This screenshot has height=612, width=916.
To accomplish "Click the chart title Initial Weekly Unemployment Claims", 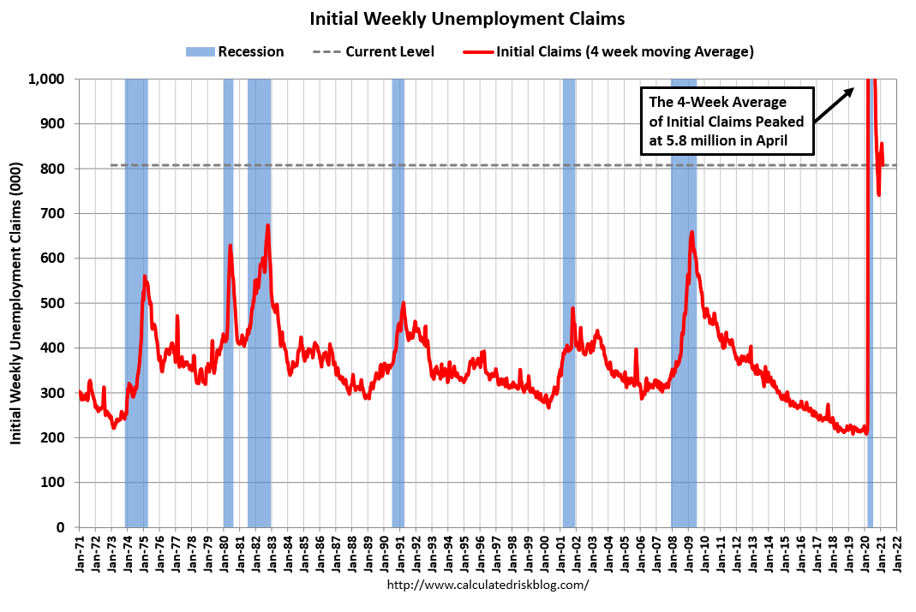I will [467, 18].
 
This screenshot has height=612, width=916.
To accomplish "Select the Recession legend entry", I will [235, 51].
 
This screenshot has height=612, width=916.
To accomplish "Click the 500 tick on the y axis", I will [57, 303].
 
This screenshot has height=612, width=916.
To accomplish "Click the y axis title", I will [16, 304].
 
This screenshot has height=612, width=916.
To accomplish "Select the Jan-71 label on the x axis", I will [80, 553].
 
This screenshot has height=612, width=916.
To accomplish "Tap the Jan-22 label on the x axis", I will [897, 553].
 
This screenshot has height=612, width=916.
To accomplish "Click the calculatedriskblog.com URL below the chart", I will [488, 585].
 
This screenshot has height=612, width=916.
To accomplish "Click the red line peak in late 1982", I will [268, 226].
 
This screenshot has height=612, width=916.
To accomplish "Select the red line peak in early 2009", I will [691, 233].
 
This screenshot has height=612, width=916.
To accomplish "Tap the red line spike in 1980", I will [230, 247].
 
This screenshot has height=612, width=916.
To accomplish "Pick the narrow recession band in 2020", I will [870, 342].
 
